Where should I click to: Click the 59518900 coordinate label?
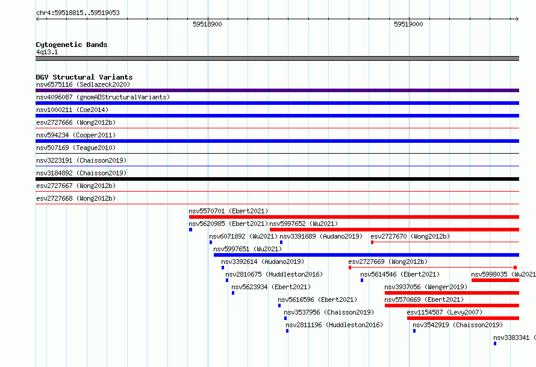(207, 24)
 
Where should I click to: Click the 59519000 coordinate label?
(408, 24)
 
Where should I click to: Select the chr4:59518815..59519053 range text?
(78, 13)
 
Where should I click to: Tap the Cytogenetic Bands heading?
(72, 45)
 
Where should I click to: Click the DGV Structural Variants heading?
(84, 77)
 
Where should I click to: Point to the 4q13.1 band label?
(47, 52)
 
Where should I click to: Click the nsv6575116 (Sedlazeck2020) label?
(83, 84)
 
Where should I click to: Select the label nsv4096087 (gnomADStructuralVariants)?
(103, 97)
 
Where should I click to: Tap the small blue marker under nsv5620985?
(190, 230)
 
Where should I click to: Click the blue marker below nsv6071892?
(211, 242)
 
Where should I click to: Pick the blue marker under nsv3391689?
(281, 242)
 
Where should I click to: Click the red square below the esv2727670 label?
(372, 242)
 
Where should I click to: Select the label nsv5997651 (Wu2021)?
(248, 249)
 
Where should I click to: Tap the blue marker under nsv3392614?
(223, 268)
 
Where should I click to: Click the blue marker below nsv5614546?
(362, 280)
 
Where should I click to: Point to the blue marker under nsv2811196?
(287, 331)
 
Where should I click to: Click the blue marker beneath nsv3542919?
(414, 331)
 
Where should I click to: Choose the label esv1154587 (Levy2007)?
(444, 312)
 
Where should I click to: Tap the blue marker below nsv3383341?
(494, 343)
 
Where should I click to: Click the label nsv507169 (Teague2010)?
(76, 148)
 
